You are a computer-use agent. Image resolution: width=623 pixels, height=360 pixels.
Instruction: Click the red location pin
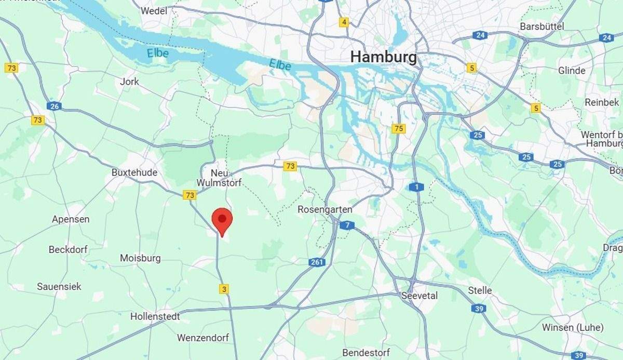pyautogui.click(x=222, y=221)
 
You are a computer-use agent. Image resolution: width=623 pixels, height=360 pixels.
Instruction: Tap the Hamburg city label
pyautogui.click(x=383, y=57)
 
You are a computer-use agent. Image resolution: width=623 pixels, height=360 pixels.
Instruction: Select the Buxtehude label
pyautogui.click(x=134, y=172)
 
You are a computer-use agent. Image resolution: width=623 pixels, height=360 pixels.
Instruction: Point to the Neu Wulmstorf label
pyautogui.click(x=219, y=178)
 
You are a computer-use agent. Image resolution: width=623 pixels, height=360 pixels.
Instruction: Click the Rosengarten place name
pyautogui.click(x=325, y=209)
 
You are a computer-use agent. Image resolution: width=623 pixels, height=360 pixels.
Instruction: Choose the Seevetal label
pyautogui.click(x=419, y=296)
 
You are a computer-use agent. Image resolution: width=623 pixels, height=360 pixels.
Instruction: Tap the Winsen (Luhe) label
pyautogui.click(x=573, y=327)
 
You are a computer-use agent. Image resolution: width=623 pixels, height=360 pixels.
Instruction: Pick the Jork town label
pyautogui.click(x=129, y=82)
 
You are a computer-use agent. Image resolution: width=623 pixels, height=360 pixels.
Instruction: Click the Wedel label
pyautogui.click(x=154, y=10)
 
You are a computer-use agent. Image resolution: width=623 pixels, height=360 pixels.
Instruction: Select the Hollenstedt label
pyautogui.click(x=155, y=316)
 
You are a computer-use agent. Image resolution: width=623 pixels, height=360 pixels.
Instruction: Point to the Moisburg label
pyautogui.click(x=140, y=258)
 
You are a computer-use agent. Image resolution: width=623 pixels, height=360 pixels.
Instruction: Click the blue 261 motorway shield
pyautogui.click(x=317, y=262)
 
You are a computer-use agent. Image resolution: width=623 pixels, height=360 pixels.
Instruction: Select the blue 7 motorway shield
pyautogui.click(x=347, y=225)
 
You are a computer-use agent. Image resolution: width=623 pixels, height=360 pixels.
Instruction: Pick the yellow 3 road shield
pyautogui.click(x=224, y=289)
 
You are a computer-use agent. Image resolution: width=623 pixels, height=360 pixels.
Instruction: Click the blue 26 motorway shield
pyautogui.click(x=53, y=106)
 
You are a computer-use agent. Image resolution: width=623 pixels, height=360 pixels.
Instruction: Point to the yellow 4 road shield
pyautogui.click(x=344, y=22)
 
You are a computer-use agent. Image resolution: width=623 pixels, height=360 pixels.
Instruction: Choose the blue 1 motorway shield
pyautogui.click(x=416, y=187)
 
